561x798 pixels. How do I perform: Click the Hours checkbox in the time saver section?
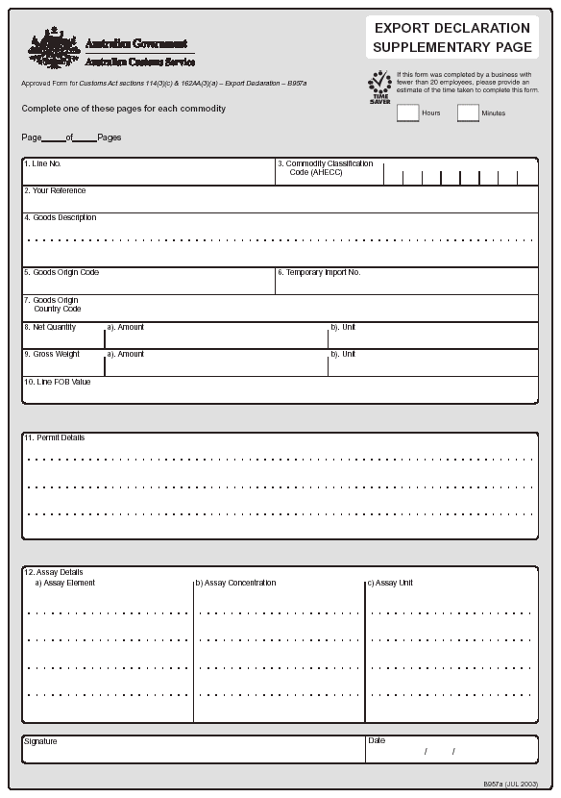pyautogui.click(x=407, y=113)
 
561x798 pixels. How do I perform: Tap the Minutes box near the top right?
pyautogui.click(x=468, y=113)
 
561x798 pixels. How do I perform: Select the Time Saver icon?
pyautogui.click(x=380, y=87)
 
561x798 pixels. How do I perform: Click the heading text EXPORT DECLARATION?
pyautogui.click(x=451, y=28)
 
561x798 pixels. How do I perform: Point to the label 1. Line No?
pyautogui.click(x=43, y=164)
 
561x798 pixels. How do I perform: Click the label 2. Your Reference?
pyautogui.click(x=55, y=191)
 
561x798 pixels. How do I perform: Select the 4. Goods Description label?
pyautogui.click(x=61, y=218)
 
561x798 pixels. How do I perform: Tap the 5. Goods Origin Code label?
pyautogui.click(x=61, y=273)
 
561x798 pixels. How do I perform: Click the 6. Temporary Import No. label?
pyautogui.click(x=319, y=273)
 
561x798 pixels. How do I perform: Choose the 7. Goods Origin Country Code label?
pyautogui.click(x=54, y=305)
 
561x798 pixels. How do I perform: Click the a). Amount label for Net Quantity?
pyautogui.click(x=126, y=328)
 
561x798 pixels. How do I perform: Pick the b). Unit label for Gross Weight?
pyautogui.click(x=343, y=355)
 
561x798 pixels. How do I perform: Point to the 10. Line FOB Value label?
pyautogui.click(x=58, y=382)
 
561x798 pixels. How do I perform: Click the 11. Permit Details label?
pyautogui.click(x=55, y=438)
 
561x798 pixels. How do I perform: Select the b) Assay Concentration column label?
pyautogui.click(x=236, y=584)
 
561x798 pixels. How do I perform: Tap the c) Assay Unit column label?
pyautogui.click(x=391, y=584)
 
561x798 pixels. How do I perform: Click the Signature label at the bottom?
pyautogui.click(x=40, y=742)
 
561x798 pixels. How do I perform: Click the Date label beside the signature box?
pyautogui.click(x=376, y=741)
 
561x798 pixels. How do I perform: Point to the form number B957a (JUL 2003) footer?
pyautogui.click(x=510, y=784)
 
